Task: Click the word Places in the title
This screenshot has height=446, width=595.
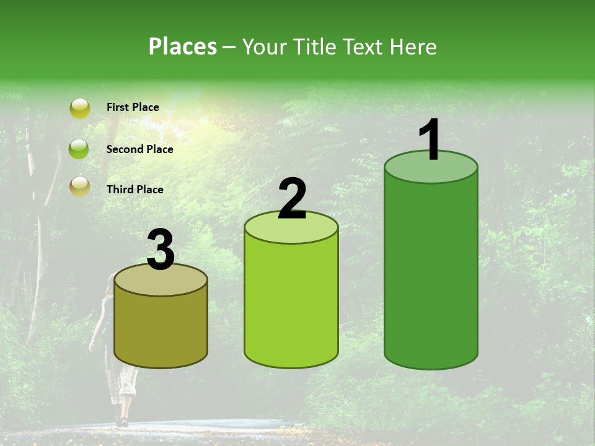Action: pyautogui.click(x=183, y=46)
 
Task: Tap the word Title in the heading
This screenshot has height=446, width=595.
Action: pyautogui.click(x=314, y=46)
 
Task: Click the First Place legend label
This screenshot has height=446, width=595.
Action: pyautogui.click(x=133, y=107)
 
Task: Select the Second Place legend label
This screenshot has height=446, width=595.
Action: pyautogui.click(x=139, y=149)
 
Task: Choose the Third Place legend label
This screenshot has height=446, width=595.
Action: pyautogui.click(x=134, y=190)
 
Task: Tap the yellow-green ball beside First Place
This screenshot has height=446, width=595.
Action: pyautogui.click(x=79, y=108)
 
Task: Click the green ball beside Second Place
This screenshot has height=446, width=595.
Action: pyautogui.click(x=79, y=149)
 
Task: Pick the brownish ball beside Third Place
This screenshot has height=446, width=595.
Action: pyautogui.click(x=79, y=186)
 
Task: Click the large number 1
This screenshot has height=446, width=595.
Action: pyautogui.click(x=430, y=140)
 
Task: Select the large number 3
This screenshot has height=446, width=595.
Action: pyautogui.click(x=161, y=250)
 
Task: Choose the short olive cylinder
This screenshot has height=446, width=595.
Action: pyautogui.click(x=161, y=328)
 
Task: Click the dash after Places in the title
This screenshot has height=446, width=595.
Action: pyautogui.click(x=229, y=47)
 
